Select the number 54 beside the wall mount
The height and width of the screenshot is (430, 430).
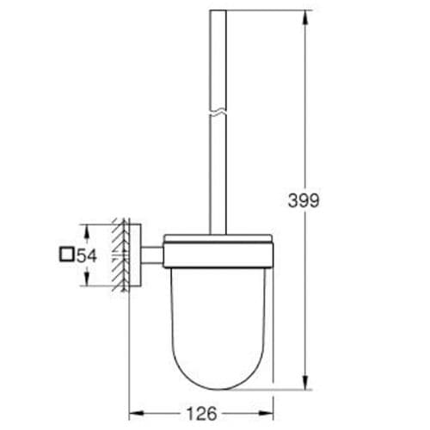coord(85,255)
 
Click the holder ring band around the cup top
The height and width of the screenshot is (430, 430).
coord(216,255)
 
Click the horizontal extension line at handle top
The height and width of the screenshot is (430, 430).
coord(267,11)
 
